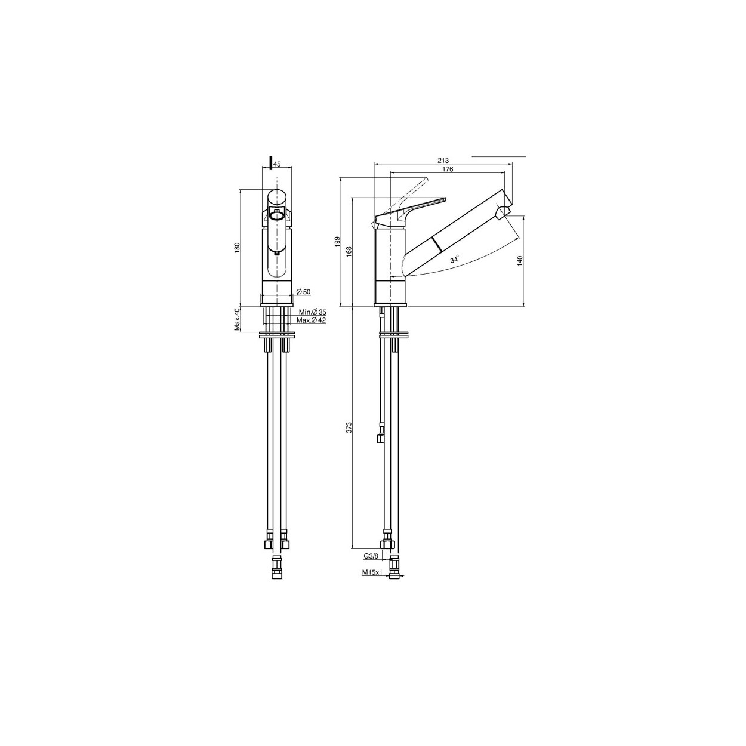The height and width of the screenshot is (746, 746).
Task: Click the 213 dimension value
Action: tap(443, 161)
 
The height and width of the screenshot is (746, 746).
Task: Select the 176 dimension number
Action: tap(448, 169)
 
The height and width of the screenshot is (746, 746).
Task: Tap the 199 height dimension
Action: tap(337, 242)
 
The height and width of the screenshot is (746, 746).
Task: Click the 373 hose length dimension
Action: tap(349, 427)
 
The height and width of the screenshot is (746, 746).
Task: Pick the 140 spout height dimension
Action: tap(520, 260)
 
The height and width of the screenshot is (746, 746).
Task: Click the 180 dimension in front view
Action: tap(238, 248)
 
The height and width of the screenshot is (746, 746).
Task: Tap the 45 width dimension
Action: tap(277, 164)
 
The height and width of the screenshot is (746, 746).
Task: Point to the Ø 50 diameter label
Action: tap(304, 292)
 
